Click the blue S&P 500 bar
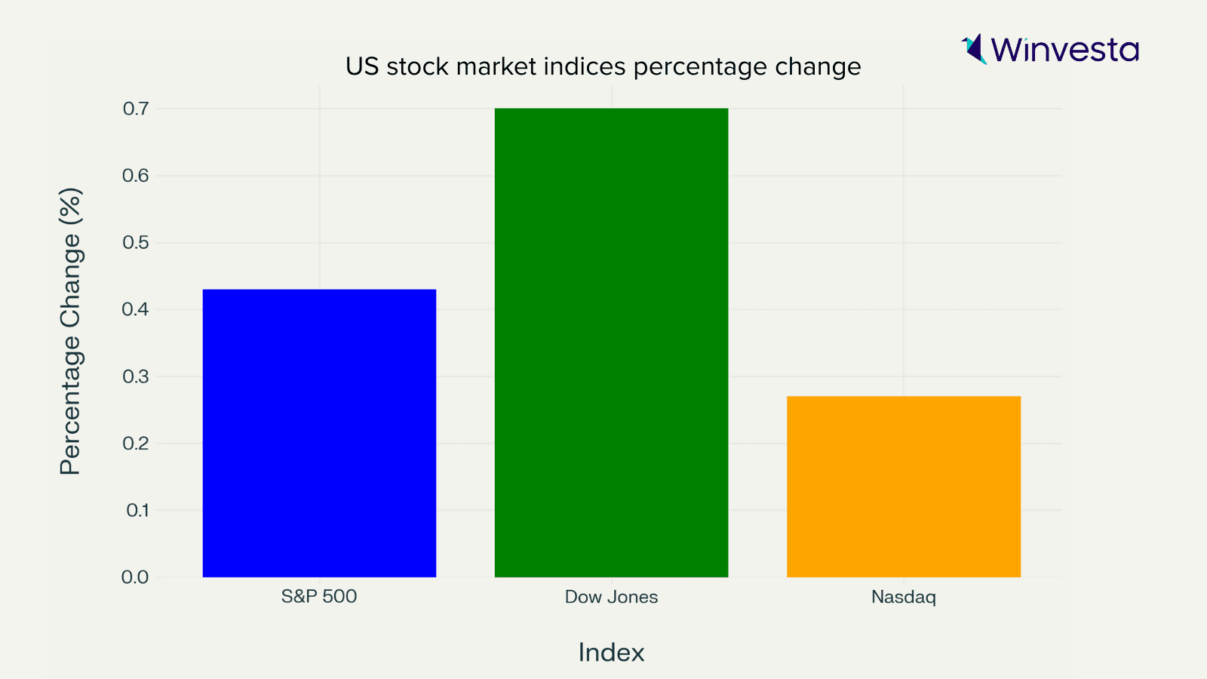point(319,433)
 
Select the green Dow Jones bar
point(611,343)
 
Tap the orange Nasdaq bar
point(903,487)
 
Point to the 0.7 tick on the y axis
point(136,109)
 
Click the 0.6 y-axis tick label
point(136,176)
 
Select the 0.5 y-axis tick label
point(136,243)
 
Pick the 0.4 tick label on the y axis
point(136,309)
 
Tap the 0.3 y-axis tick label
point(136,376)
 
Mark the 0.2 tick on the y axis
point(136,444)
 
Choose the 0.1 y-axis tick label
point(137,511)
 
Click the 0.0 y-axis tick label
point(135,577)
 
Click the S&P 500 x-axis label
point(319,597)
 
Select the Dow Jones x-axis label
point(611,598)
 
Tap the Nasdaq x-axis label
point(903,598)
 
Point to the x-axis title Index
point(611,653)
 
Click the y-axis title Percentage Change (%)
point(70,331)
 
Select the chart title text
point(603,67)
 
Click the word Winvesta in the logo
point(1064,50)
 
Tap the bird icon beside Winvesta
point(974,49)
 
